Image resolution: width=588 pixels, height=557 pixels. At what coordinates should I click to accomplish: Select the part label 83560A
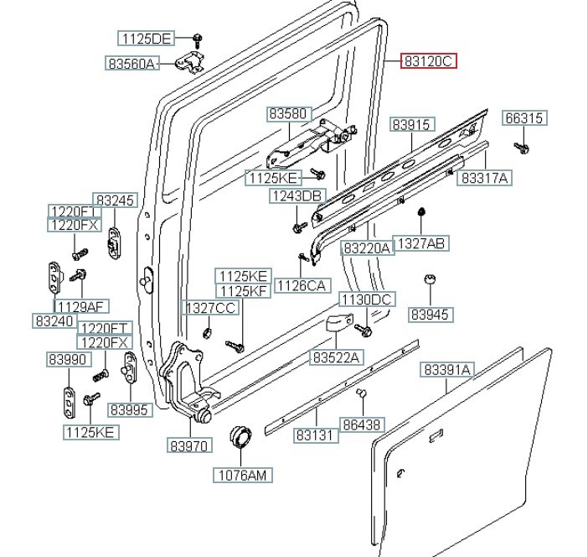click(x=132, y=63)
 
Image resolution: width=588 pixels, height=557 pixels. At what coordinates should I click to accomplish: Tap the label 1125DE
click(x=146, y=38)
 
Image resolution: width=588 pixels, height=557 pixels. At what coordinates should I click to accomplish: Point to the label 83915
click(x=412, y=125)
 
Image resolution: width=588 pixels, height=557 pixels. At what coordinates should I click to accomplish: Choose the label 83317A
click(x=487, y=178)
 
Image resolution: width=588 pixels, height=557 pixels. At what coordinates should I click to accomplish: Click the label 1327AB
click(x=420, y=244)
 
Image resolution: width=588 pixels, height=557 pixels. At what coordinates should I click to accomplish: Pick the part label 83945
click(x=430, y=315)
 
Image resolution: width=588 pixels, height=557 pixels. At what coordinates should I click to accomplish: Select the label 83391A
click(x=447, y=370)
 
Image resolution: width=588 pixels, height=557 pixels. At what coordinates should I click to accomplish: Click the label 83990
click(x=67, y=360)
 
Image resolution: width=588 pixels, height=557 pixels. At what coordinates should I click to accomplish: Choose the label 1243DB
click(x=296, y=195)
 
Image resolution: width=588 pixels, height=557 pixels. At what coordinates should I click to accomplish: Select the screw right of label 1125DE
click(x=197, y=38)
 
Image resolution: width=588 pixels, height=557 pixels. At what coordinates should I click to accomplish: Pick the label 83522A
click(x=336, y=357)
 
